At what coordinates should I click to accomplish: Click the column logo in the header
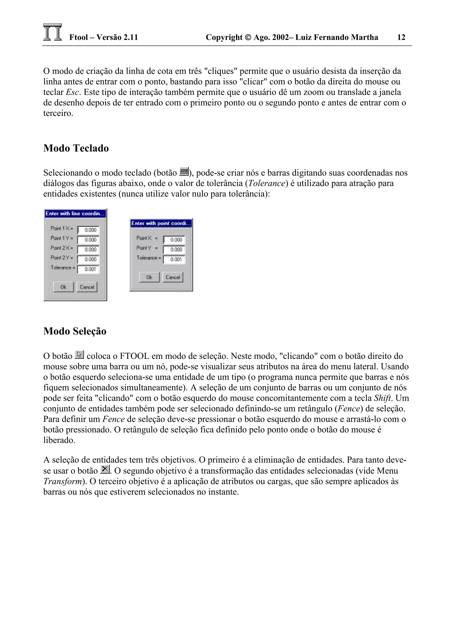[53, 32]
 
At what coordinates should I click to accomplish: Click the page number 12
[401, 37]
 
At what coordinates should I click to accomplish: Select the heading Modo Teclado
[76, 148]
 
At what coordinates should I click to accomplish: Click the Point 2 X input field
[88, 249]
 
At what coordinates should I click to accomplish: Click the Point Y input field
[174, 249]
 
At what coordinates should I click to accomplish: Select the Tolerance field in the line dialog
[88, 269]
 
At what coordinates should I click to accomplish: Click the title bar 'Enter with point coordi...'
[161, 223]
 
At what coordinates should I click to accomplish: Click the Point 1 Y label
[62, 238]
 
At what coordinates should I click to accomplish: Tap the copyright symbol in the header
[248, 37]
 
